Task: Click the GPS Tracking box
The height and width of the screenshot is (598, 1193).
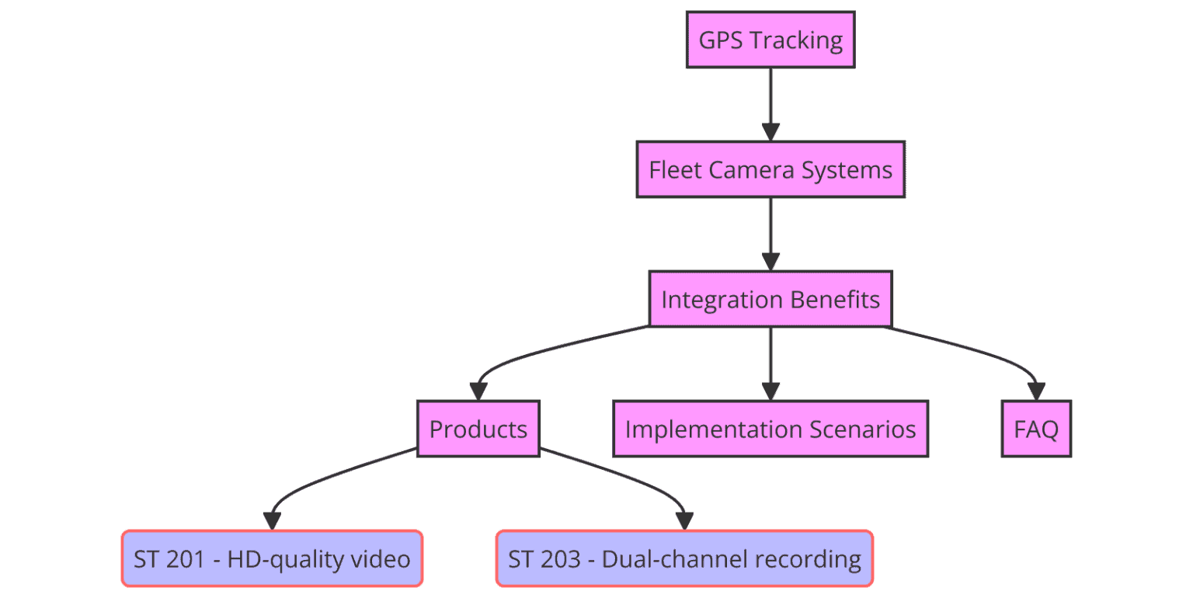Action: click(770, 40)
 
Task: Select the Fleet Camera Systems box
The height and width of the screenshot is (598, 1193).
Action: click(770, 169)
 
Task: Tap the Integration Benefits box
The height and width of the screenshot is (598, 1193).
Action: click(770, 299)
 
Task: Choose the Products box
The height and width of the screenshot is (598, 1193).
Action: click(478, 429)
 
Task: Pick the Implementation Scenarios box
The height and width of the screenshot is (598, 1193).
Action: click(770, 429)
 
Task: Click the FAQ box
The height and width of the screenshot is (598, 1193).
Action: click(1036, 429)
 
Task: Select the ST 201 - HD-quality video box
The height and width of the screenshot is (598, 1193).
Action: click(272, 558)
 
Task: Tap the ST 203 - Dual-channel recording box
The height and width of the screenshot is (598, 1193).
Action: click(684, 558)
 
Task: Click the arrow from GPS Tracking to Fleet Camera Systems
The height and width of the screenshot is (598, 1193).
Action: click(770, 101)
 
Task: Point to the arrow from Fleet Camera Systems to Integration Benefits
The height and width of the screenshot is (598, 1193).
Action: click(770, 231)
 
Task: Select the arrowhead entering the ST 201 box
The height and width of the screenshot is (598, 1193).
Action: click(272, 521)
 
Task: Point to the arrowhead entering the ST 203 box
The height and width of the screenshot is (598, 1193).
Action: click(684, 521)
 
